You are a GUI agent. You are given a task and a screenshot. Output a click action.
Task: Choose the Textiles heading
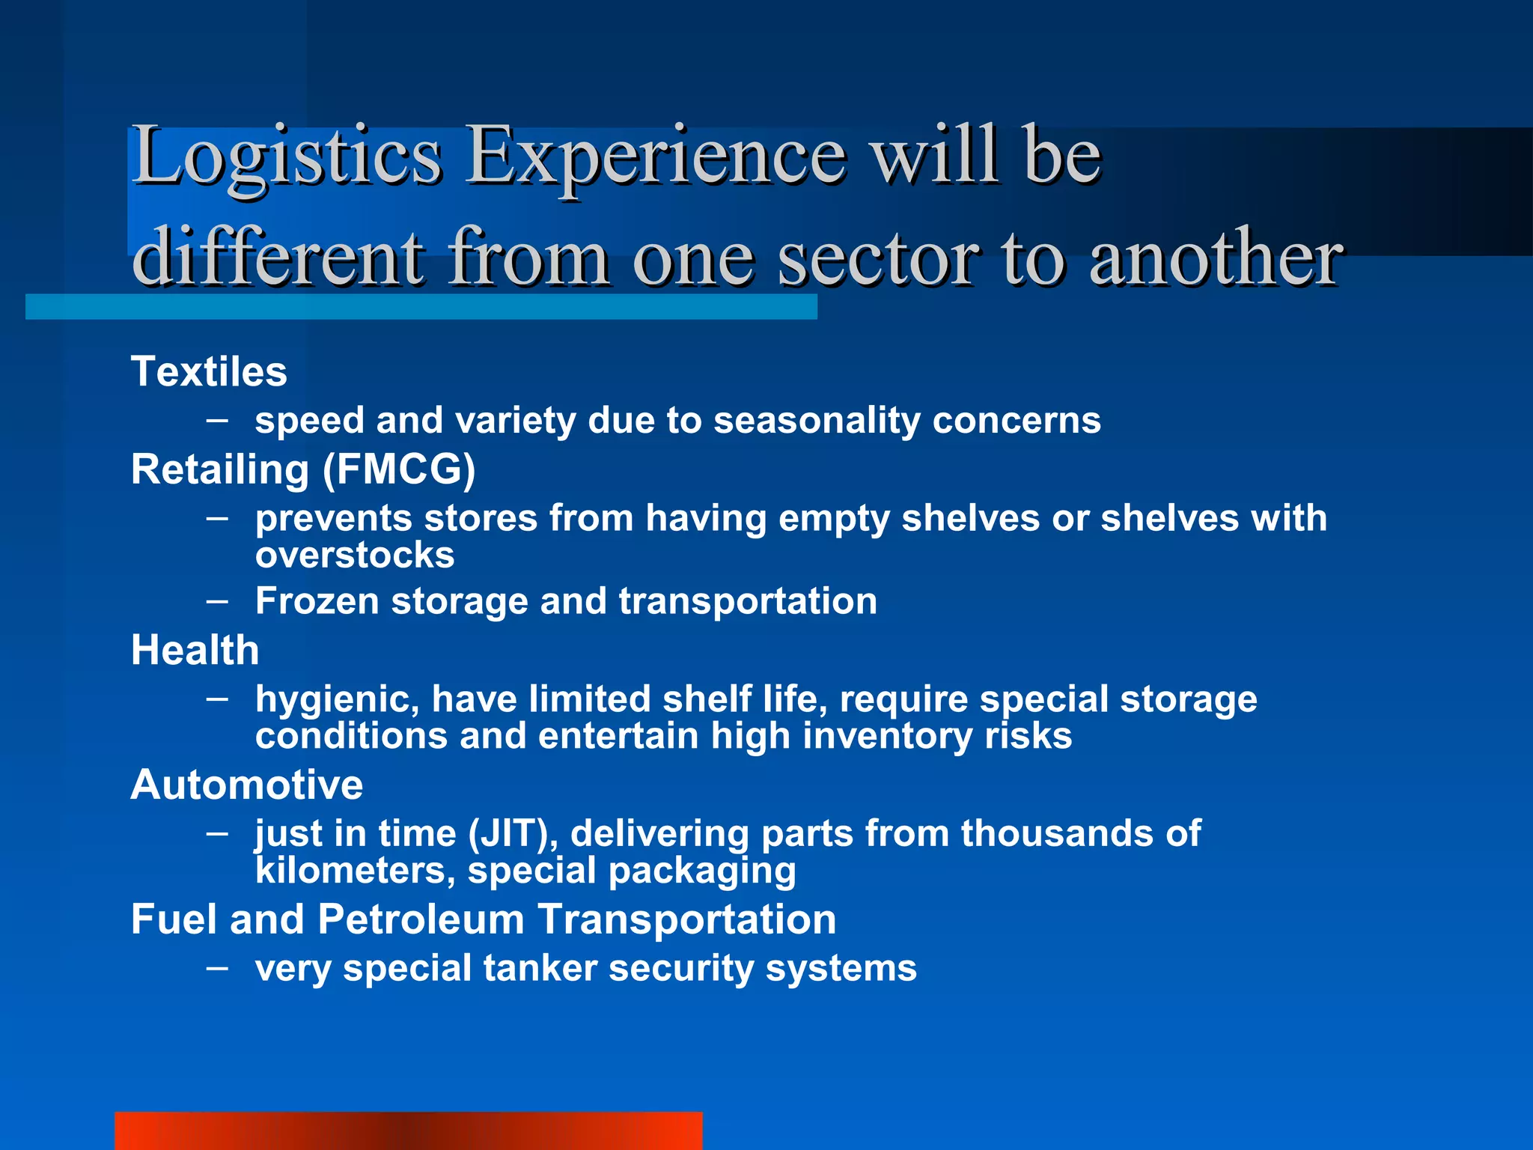pyautogui.click(x=209, y=371)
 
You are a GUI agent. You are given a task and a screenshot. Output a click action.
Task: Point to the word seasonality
pyautogui.click(x=817, y=421)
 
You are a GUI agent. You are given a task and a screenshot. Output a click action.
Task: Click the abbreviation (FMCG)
pyautogui.click(x=399, y=470)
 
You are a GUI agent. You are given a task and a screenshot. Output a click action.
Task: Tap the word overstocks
pyautogui.click(x=355, y=556)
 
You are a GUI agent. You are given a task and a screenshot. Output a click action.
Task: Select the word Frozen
pyautogui.click(x=317, y=601)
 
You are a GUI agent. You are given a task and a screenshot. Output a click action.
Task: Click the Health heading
pyautogui.click(x=195, y=650)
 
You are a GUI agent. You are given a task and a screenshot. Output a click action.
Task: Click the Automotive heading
pyautogui.click(x=247, y=785)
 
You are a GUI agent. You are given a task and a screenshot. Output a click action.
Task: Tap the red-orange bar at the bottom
pyautogui.click(x=408, y=1131)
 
